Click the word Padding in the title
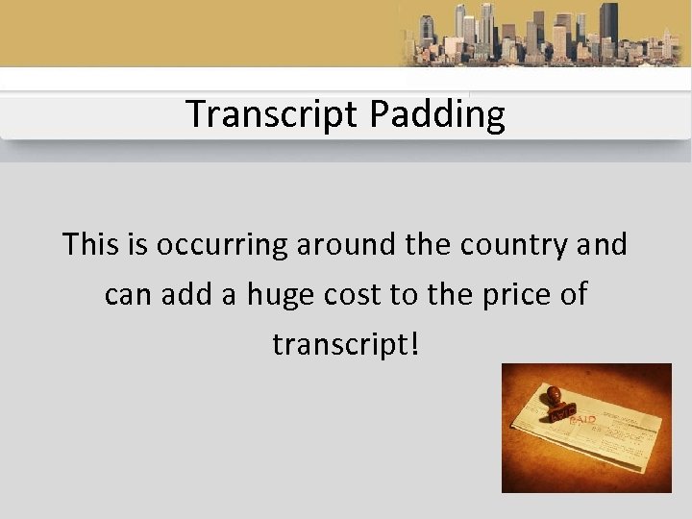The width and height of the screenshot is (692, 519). [437, 114]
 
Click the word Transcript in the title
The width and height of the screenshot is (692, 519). [273, 114]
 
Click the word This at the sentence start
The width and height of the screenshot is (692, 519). [92, 244]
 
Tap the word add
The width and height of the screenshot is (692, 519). [182, 294]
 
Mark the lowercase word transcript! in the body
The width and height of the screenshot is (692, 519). [341, 344]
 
